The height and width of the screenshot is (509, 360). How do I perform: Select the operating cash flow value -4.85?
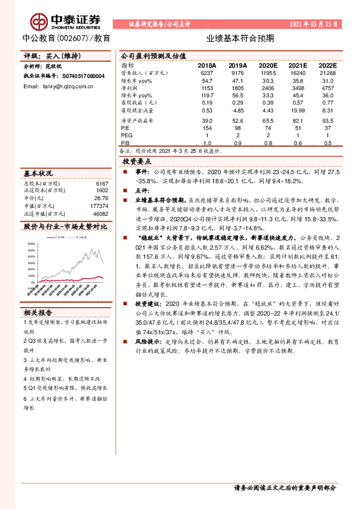coord(237,111)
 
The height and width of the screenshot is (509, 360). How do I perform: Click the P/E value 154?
coord(207,128)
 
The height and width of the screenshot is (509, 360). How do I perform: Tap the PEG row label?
coord(126,135)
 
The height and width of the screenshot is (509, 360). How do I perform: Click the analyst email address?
coord(58,86)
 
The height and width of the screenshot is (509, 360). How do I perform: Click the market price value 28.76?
coord(102,198)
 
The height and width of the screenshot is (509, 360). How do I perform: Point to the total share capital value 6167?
coord(102,183)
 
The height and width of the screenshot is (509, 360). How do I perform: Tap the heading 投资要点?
coord(137,162)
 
